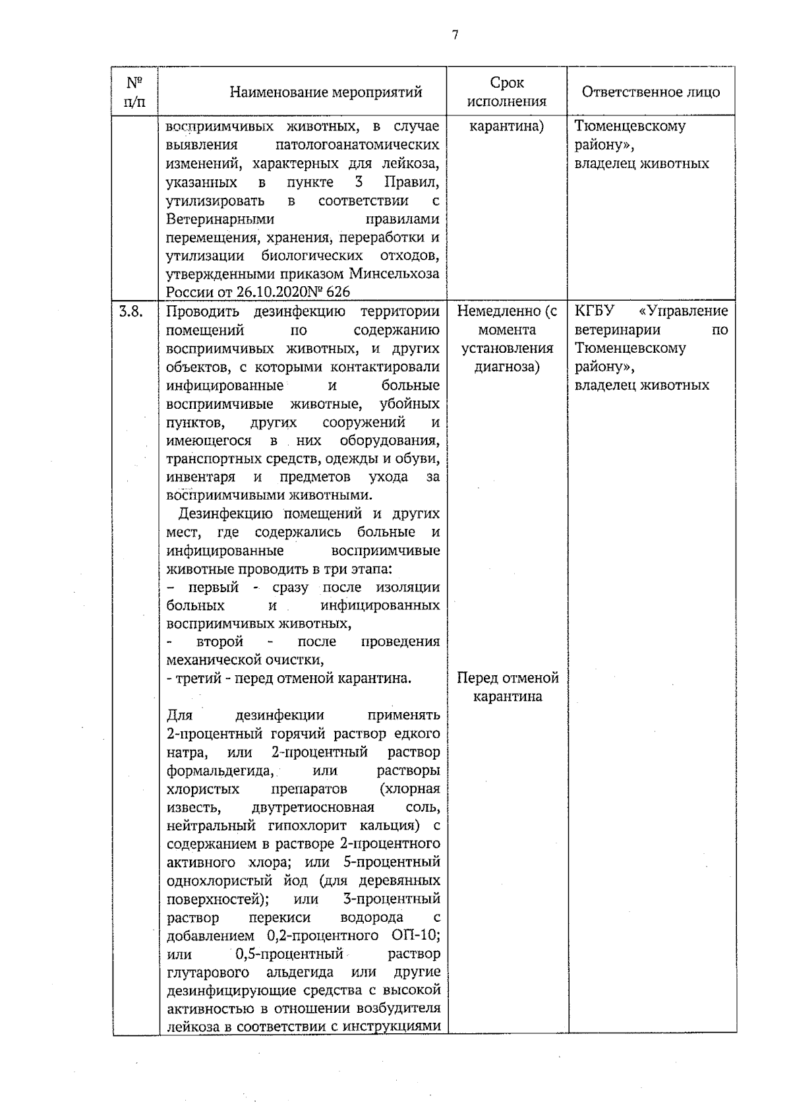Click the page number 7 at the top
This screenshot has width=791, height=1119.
[x=455, y=36]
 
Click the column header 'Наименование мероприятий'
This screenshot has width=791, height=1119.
[x=326, y=92]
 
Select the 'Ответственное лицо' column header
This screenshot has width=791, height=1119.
[x=651, y=92]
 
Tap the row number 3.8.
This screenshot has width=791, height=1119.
[x=130, y=311]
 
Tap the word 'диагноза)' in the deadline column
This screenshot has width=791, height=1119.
[x=507, y=367]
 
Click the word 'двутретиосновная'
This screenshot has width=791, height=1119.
[x=313, y=808]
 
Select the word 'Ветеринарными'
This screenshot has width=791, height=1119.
[x=220, y=219]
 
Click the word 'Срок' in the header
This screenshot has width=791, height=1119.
[x=507, y=83]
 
